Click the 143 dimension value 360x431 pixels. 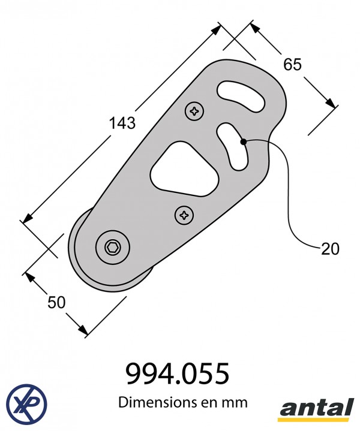click(122, 123)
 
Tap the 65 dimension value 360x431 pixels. click(293, 64)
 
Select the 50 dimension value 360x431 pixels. click(56, 302)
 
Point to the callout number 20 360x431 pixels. click(330, 249)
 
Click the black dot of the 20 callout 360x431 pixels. click(244, 142)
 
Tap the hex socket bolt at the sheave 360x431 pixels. click(113, 248)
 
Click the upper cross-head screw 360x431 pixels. click(194, 111)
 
